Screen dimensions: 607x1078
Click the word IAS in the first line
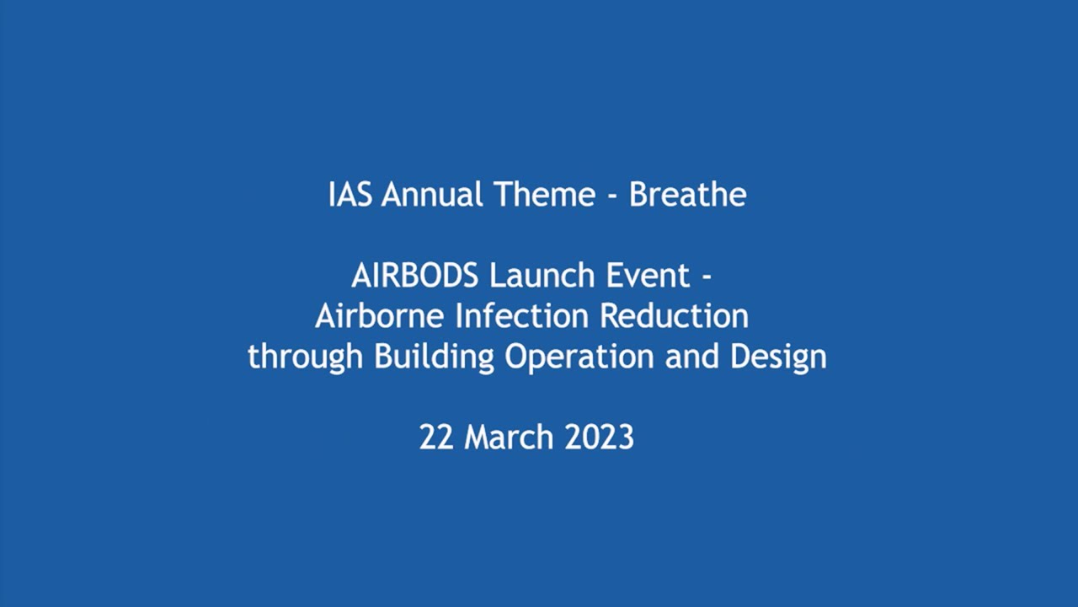(x=350, y=195)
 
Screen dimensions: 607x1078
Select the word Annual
(x=433, y=195)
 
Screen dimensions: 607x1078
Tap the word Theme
(x=544, y=195)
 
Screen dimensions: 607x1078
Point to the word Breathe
(x=687, y=195)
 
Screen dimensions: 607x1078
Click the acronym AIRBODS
(x=415, y=276)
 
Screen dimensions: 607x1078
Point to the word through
(x=306, y=357)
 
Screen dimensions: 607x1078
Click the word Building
(x=434, y=357)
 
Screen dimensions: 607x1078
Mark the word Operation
(x=579, y=357)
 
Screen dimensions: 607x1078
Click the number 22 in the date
(x=437, y=438)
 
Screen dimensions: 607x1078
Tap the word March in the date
(x=509, y=438)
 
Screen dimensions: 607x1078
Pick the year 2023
(x=599, y=438)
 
